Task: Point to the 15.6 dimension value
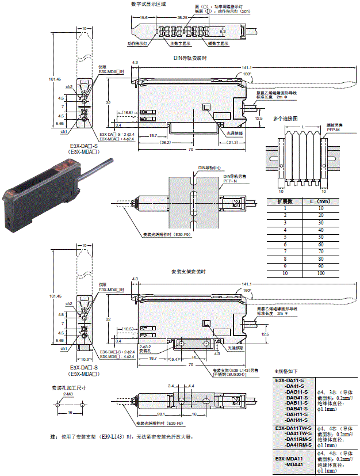(144, 18)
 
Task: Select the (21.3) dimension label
(234, 142)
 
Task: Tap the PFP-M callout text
(335, 130)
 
